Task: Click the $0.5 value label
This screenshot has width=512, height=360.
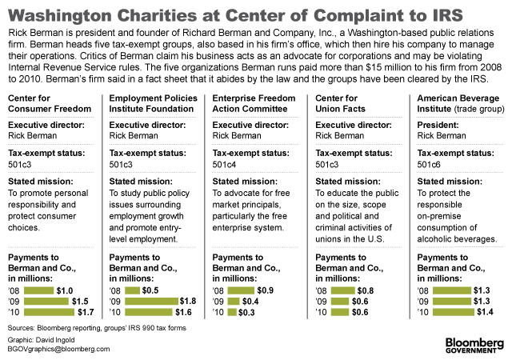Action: click(152, 289)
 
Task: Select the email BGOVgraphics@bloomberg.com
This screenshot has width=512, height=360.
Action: click(59, 349)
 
